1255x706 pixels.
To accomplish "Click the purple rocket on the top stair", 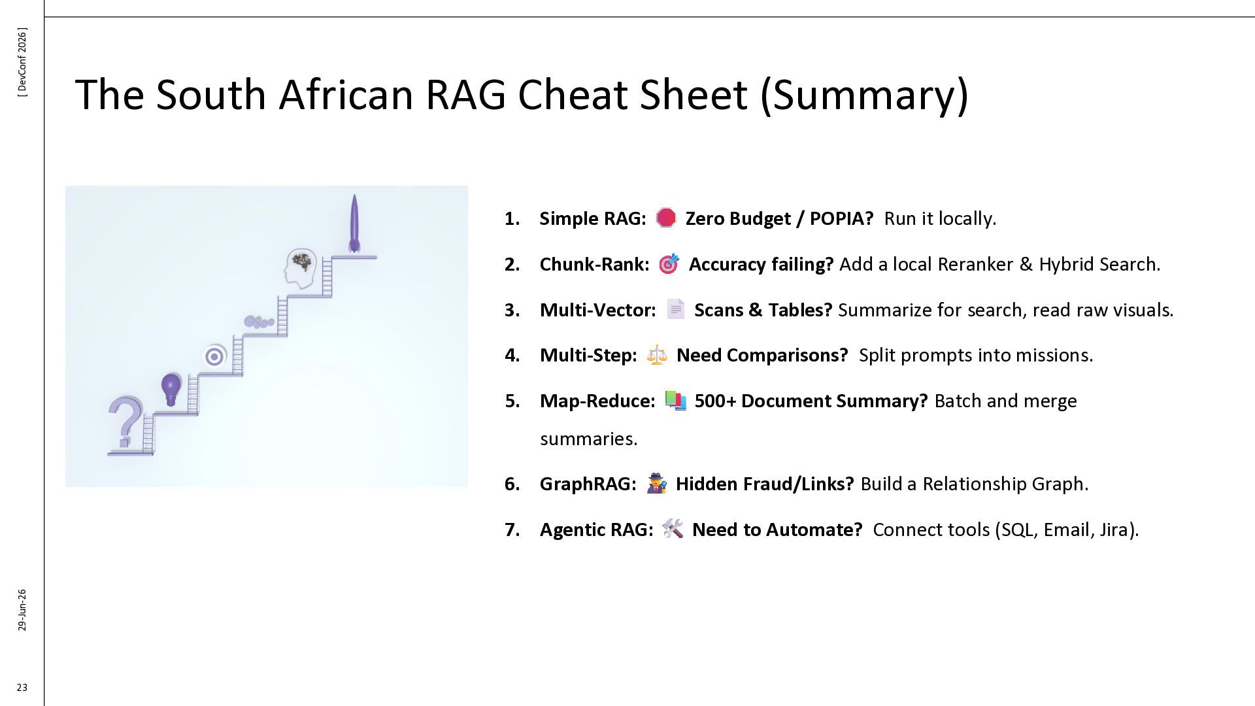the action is tap(354, 223).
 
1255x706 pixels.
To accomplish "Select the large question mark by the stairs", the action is tap(125, 421).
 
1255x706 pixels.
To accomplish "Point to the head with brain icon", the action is tap(301, 269).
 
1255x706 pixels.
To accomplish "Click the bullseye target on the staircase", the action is tap(214, 356).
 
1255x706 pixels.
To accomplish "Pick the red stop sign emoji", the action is tap(665, 218).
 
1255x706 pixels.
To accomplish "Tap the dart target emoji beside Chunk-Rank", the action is tap(669, 263).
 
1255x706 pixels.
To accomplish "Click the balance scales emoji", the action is tap(657, 355).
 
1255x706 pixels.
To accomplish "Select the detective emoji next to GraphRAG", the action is tap(656, 483).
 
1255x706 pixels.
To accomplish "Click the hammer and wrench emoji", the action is tap(673, 528).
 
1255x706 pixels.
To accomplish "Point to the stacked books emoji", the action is tap(675, 400).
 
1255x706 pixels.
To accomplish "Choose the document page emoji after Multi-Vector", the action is tap(675, 309).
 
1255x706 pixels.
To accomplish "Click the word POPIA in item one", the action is tap(841, 218).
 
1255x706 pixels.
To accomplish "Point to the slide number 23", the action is tap(22, 687).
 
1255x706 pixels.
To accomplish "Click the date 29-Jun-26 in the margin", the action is tap(22, 610).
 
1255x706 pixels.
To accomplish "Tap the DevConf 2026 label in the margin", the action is tap(22, 63).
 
